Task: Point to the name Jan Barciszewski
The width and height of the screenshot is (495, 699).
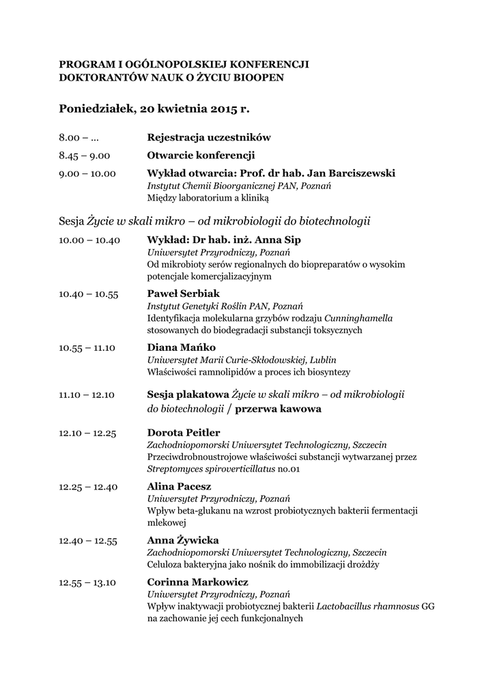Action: click(352, 173)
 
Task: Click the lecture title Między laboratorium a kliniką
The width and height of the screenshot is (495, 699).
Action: click(208, 199)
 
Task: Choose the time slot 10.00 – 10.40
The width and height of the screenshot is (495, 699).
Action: click(89, 240)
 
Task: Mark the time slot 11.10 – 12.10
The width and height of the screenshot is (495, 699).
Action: click(87, 395)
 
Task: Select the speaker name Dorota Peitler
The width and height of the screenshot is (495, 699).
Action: click(184, 433)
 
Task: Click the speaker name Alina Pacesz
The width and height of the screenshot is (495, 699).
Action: click(179, 487)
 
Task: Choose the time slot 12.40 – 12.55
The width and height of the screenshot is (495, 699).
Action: click(88, 541)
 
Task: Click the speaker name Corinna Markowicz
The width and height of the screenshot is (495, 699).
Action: click(198, 582)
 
